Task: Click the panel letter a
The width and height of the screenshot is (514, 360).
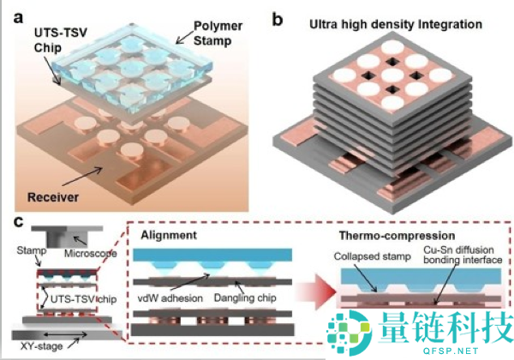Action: coord(19,17)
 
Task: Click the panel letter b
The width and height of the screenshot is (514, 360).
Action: coord(278,20)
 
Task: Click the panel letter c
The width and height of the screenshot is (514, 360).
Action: coord(19,222)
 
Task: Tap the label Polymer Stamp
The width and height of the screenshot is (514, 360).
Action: coord(218,33)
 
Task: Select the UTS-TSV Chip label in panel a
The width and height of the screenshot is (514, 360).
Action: coord(61,40)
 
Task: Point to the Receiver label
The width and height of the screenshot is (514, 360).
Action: coord(53,197)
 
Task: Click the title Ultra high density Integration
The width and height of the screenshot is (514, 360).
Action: coord(396,25)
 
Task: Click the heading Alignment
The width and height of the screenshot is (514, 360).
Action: coord(169,235)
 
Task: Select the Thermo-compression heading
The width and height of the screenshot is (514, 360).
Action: coord(397,236)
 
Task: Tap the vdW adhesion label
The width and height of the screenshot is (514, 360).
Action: coord(170,298)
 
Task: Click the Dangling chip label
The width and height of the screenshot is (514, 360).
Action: coord(245,297)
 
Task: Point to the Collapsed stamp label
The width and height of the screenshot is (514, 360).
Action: coord(373,256)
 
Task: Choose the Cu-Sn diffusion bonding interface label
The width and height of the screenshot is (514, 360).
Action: coord(463,255)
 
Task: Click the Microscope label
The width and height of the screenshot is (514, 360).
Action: coord(91,254)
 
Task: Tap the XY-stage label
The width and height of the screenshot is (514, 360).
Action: coord(41,346)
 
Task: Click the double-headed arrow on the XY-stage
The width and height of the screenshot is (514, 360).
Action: coord(65,335)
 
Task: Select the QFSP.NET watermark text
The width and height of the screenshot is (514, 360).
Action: coord(450,351)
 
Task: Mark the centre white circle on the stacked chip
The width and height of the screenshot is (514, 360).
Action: coord(392,75)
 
